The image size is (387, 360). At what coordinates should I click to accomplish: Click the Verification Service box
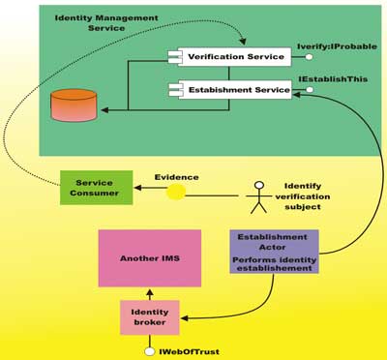[x=235, y=57]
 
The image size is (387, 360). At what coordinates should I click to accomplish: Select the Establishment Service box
[x=235, y=90]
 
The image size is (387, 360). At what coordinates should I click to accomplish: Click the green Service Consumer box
[x=95, y=187]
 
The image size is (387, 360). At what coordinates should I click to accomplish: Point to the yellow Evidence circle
[x=175, y=192]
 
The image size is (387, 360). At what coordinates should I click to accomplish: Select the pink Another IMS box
[x=149, y=257]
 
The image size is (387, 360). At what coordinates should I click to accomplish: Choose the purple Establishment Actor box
[x=274, y=251]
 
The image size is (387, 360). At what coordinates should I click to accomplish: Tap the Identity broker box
[x=149, y=317]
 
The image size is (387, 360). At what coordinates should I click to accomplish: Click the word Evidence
[x=176, y=177]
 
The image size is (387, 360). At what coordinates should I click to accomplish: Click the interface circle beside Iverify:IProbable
[x=309, y=57]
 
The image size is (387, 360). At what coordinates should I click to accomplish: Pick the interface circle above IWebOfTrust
[x=149, y=350]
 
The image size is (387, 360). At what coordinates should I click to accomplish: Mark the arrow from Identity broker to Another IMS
[x=149, y=293]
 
